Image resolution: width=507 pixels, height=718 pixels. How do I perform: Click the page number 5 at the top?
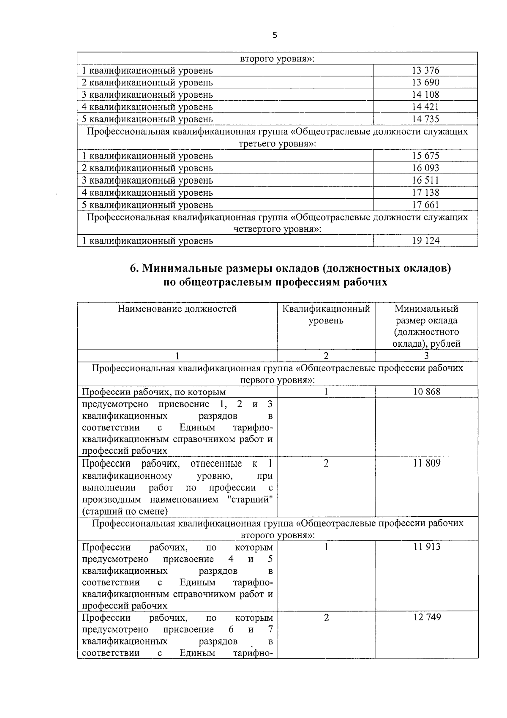[x=275, y=36]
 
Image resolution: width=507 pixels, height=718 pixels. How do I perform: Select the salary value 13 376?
[x=425, y=70]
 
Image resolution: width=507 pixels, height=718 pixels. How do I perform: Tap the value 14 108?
[x=425, y=94]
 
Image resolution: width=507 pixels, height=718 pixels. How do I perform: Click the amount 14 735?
[x=425, y=119]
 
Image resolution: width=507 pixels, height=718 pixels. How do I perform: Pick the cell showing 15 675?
[x=425, y=156]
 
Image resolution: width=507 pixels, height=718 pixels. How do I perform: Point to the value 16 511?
[x=425, y=180]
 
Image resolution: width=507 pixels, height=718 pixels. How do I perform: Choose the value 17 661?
[x=425, y=205]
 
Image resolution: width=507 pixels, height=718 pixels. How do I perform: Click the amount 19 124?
[x=425, y=241]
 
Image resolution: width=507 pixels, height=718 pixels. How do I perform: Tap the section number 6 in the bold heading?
[x=134, y=269]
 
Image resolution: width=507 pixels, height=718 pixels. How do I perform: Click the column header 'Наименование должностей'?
[x=177, y=309]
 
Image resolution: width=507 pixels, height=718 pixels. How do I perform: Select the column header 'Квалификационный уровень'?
[x=326, y=315]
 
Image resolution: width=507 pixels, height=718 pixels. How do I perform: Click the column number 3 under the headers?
[x=426, y=356]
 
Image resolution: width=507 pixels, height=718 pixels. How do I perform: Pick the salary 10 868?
[x=426, y=392]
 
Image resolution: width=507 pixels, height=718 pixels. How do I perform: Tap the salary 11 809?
[x=426, y=463]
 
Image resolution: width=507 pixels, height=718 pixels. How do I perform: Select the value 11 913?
[x=426, y=547]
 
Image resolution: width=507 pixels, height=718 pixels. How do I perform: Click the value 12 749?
[x=427, y=617]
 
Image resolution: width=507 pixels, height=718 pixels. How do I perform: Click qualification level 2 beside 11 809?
[x=326, y=463]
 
